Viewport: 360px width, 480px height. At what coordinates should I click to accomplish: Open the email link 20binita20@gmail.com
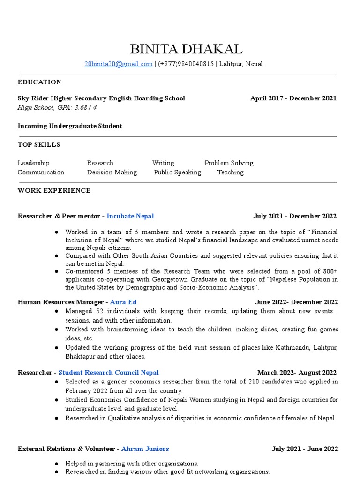tap(118, 64)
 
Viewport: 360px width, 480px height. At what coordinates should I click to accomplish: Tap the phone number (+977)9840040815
tap(186, 64)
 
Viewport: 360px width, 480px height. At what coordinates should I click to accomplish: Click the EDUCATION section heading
tap(39, 82)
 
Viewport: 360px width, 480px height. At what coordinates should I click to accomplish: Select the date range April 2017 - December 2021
tap(293, 98)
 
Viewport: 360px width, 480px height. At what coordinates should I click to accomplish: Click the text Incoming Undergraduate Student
tap(70, 126)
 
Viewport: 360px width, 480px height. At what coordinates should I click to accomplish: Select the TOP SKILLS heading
tap(39, 145)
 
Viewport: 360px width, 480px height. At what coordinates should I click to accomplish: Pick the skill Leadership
tap(33, 163)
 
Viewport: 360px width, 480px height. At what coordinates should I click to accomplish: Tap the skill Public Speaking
tap(178, 172)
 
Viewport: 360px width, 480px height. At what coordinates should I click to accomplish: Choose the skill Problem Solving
tap(229, 163)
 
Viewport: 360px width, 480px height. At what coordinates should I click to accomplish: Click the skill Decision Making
tap(112, 172)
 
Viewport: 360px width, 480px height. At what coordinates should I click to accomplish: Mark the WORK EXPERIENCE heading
tap(54, 191)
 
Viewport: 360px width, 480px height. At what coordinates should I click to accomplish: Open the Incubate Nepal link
tap(130, 216)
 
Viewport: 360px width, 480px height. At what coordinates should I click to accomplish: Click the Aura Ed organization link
tap(123, 302)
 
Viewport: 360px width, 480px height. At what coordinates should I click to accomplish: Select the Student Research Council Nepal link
tap(108, 373)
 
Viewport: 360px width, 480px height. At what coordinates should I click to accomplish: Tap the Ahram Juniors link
tap(145, 449)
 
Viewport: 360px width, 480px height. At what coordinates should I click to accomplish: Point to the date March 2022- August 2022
tap(297, 373)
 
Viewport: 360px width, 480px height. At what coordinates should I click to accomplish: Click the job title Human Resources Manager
tap(60, 302)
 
